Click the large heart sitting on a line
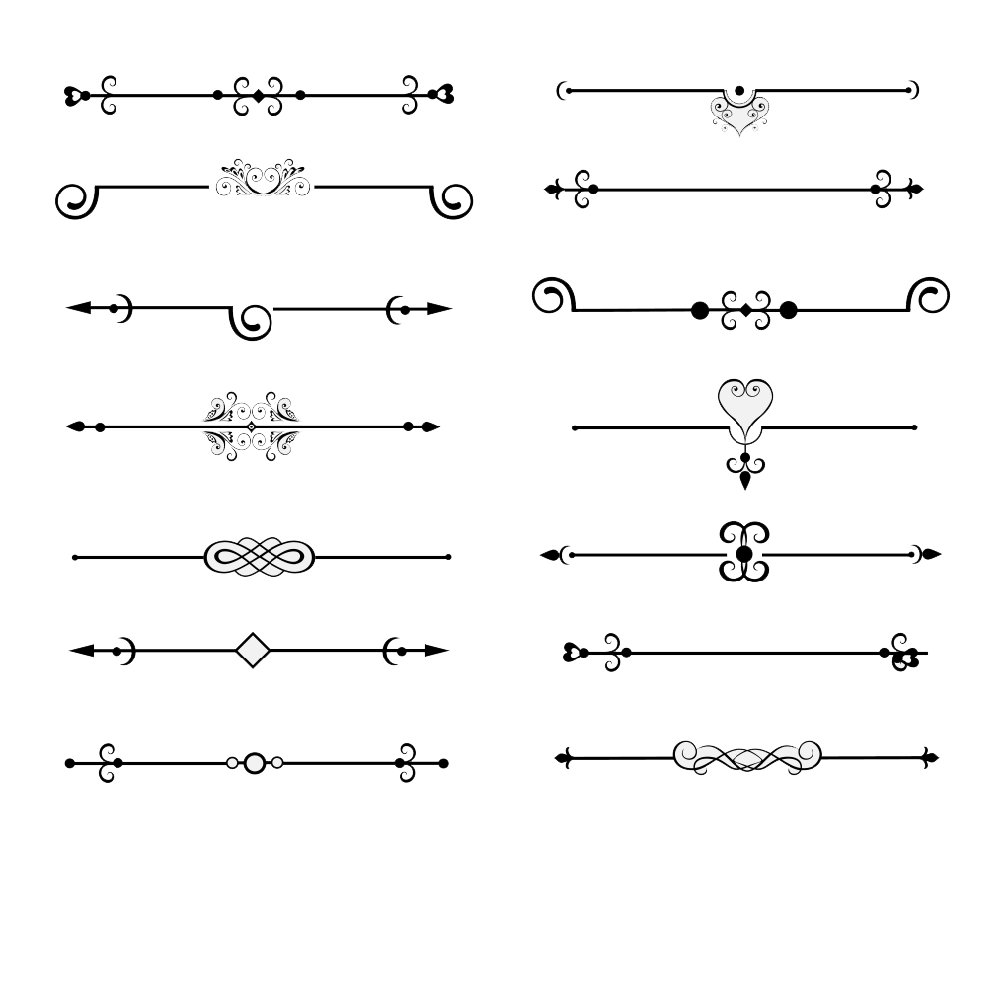[745, 402]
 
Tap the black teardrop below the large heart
[745, 481]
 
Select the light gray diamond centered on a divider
[254, 650]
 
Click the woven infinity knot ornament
[260, 557]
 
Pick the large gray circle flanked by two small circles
[255, 762]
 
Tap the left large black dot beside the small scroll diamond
[700, 310]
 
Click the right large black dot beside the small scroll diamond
[788, 310]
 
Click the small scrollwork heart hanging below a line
[739, 116]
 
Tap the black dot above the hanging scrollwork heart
[739, 91]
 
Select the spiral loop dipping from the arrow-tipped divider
[253, 321]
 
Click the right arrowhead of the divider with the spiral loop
[440, 308]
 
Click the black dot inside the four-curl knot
[744, 553]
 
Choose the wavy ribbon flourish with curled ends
[747, 757]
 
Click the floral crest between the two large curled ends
[263, 179]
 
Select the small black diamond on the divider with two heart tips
[259, 96]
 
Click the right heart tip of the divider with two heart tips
[444, 95]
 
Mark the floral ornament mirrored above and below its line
[251, 426]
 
